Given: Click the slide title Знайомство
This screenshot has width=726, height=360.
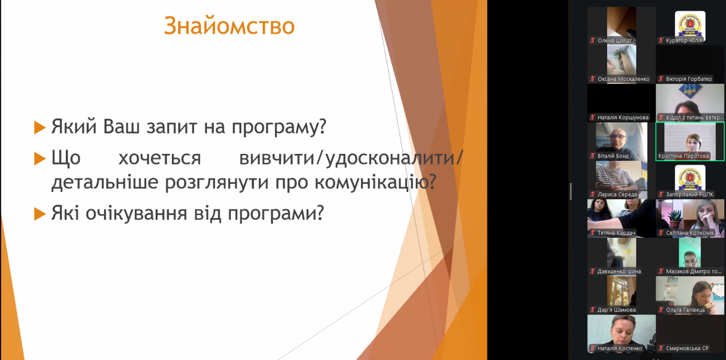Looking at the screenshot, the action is [229, 25].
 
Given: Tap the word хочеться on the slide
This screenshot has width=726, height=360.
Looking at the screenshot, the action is [159, 158].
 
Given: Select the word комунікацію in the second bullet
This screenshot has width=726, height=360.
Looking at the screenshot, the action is [375, 182].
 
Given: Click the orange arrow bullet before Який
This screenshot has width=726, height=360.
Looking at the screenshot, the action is [40, 128].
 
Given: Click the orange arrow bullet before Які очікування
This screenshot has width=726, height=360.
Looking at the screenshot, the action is [40, 214].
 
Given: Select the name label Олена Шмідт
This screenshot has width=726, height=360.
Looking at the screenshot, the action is [614, 40].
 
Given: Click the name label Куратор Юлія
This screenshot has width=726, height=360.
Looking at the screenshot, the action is [684, 40].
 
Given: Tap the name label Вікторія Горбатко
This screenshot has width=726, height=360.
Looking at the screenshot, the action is [689, 79].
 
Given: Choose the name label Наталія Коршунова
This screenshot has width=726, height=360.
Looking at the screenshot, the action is [623, 118].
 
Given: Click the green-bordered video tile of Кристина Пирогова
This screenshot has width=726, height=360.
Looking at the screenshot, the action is [690, 141].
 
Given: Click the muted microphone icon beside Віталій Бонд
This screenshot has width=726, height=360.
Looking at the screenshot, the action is [593, 156].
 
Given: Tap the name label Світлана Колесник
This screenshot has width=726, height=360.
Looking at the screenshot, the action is [690, 233].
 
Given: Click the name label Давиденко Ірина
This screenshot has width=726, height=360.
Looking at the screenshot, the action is [619, 271].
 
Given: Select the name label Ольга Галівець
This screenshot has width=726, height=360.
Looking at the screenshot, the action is [686, 310].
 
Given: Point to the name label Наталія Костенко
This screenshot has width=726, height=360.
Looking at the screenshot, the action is [620, 348].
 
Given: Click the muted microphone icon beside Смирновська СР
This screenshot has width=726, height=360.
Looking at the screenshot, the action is [661, 348].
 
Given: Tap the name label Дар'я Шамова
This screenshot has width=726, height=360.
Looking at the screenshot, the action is [617, 310].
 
